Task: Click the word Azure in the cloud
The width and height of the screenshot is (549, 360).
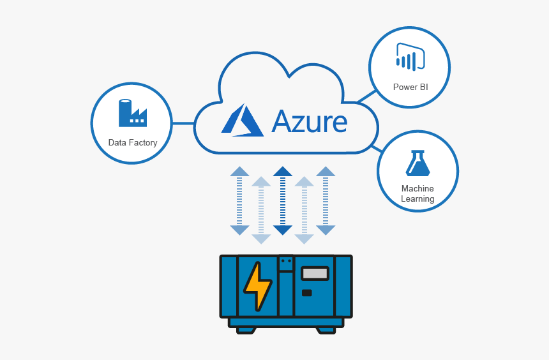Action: (310, 121)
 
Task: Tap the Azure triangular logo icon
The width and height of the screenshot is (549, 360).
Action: (243, 121)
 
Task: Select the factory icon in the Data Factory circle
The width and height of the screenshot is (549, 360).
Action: (132, 113)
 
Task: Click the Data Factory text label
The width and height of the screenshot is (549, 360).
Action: (133, 142)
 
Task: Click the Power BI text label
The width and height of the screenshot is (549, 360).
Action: (410, 87)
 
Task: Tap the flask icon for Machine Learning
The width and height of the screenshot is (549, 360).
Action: (417, 163)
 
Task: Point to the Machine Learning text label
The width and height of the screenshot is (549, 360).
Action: (417, 193)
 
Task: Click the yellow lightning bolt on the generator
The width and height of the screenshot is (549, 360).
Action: (257, 285)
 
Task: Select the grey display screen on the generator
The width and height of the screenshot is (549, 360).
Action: (315, 273)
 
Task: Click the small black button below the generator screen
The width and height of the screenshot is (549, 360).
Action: (307, 293)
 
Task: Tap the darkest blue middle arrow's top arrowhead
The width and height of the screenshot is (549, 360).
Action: (282, 171)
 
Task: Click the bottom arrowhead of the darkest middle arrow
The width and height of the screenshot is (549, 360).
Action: (282, 230)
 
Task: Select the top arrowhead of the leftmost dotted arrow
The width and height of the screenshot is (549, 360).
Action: (239, 171)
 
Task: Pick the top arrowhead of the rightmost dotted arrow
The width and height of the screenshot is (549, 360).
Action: (326, 171)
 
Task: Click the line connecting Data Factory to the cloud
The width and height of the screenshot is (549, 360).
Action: (184, 123)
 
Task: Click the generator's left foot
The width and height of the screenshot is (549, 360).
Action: (246, 330)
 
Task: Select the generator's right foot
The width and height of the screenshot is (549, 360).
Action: (326, 330)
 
